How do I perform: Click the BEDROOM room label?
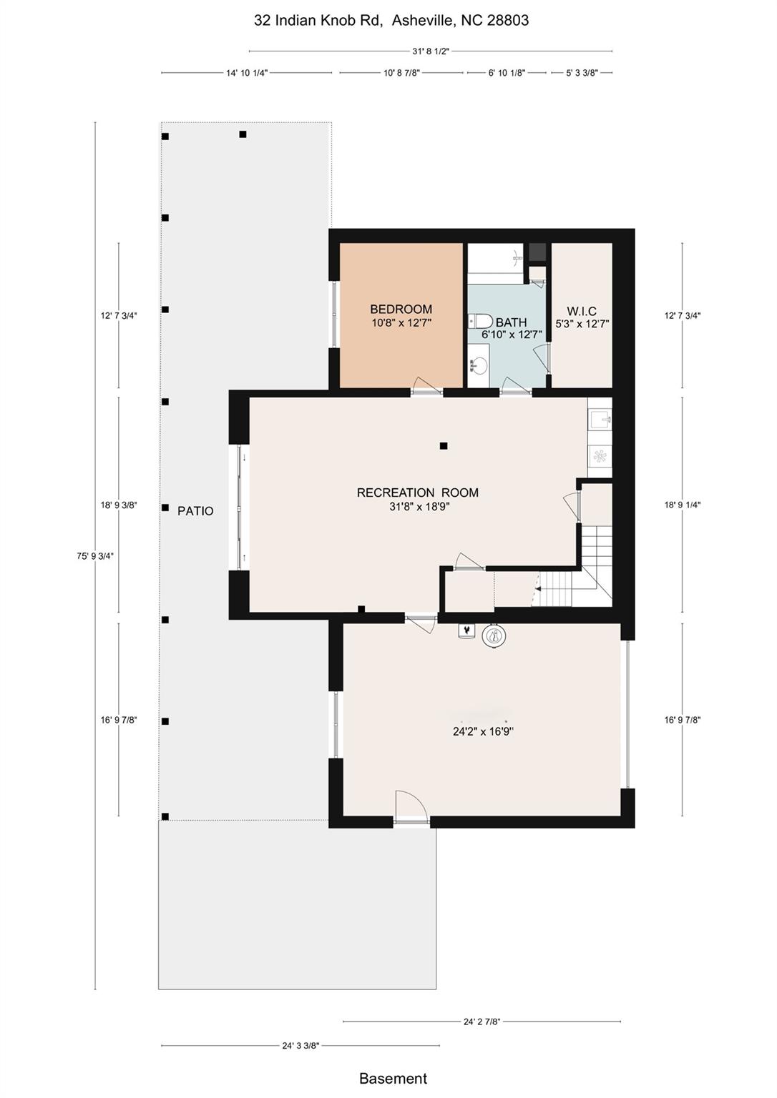tap(401, 310)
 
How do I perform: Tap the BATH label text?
tap(511, 322)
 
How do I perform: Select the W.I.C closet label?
tap(581, 311)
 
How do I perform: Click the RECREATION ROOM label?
tap(417, 493)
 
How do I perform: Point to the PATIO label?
tap(195, 511)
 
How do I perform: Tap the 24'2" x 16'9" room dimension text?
tap(483, 731)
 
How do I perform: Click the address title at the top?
tap(391, 21)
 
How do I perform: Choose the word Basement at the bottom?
tap(393, 1079)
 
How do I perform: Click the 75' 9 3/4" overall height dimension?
tap(95, 555)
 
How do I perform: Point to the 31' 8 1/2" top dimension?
tap(431, 51)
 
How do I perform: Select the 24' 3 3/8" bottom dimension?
tap(300, 1045)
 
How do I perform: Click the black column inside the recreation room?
tap(444, 446)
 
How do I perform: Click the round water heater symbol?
tap(493, 635)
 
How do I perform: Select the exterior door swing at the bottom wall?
tap(411, 807)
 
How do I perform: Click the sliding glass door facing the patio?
tap(240, 508)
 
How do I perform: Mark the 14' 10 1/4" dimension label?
tap(246, 73)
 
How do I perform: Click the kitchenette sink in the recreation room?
tap(600, 419)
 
